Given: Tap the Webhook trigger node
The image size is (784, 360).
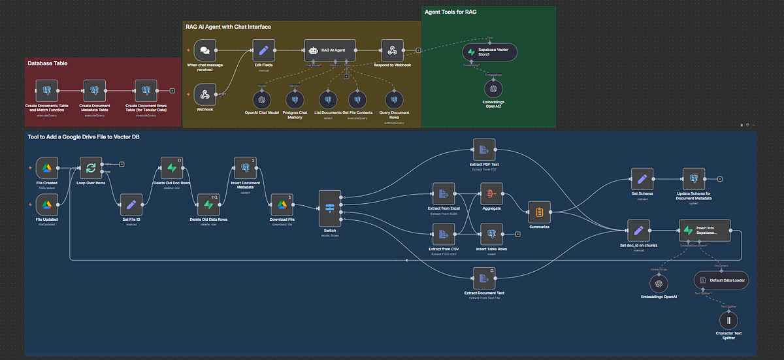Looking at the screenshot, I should coord(205,95).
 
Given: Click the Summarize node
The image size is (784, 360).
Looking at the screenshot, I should coord(539,212).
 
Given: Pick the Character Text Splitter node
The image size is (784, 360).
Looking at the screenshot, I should coord(729,320).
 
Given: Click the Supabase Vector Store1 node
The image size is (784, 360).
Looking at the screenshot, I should coord(489,52).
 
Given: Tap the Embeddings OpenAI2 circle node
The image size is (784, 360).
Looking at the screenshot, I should coord(494,88).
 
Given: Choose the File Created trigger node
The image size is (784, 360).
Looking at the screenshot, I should coord(46,168).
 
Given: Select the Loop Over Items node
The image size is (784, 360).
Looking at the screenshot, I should coord(91,168).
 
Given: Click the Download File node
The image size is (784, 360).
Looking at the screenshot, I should coord(282,205).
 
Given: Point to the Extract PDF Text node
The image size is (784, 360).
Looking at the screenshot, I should coord(484,149).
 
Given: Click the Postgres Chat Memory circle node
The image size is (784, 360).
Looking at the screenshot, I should coord(295,100).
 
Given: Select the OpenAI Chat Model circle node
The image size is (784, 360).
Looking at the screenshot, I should coord(262,100).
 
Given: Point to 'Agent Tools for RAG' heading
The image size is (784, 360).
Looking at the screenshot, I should coord(450,12).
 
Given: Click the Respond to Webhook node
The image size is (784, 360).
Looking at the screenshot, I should coord(392,50).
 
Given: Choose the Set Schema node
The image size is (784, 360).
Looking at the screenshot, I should coord(642,178).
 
